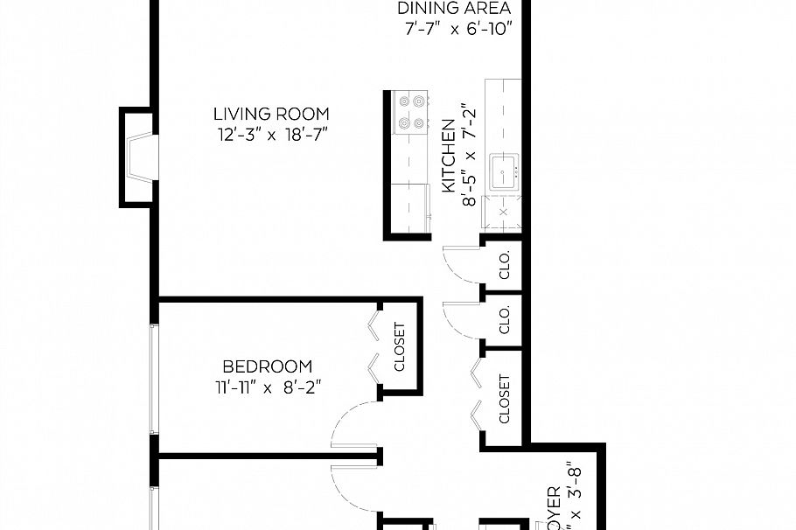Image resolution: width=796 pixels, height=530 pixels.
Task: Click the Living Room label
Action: click(271, 114)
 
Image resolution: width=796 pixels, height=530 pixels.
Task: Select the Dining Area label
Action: click(453, 9)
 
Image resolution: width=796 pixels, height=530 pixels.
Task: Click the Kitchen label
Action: click(449, 157)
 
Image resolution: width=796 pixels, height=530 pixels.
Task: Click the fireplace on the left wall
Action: click(138, 157)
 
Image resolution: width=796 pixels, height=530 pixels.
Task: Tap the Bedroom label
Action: click(267, 366)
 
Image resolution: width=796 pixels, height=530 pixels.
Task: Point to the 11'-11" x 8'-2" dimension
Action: click(267, 387)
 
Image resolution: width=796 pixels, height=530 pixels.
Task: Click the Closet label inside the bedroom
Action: click(400, 347)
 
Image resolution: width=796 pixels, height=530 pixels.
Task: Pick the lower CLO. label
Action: click(505, 321)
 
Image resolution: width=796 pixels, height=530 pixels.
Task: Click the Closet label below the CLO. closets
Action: click(505, 399)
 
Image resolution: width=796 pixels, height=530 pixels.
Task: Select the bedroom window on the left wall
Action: click(154, 378)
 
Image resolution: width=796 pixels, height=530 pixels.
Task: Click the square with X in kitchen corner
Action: click(504, 213)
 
